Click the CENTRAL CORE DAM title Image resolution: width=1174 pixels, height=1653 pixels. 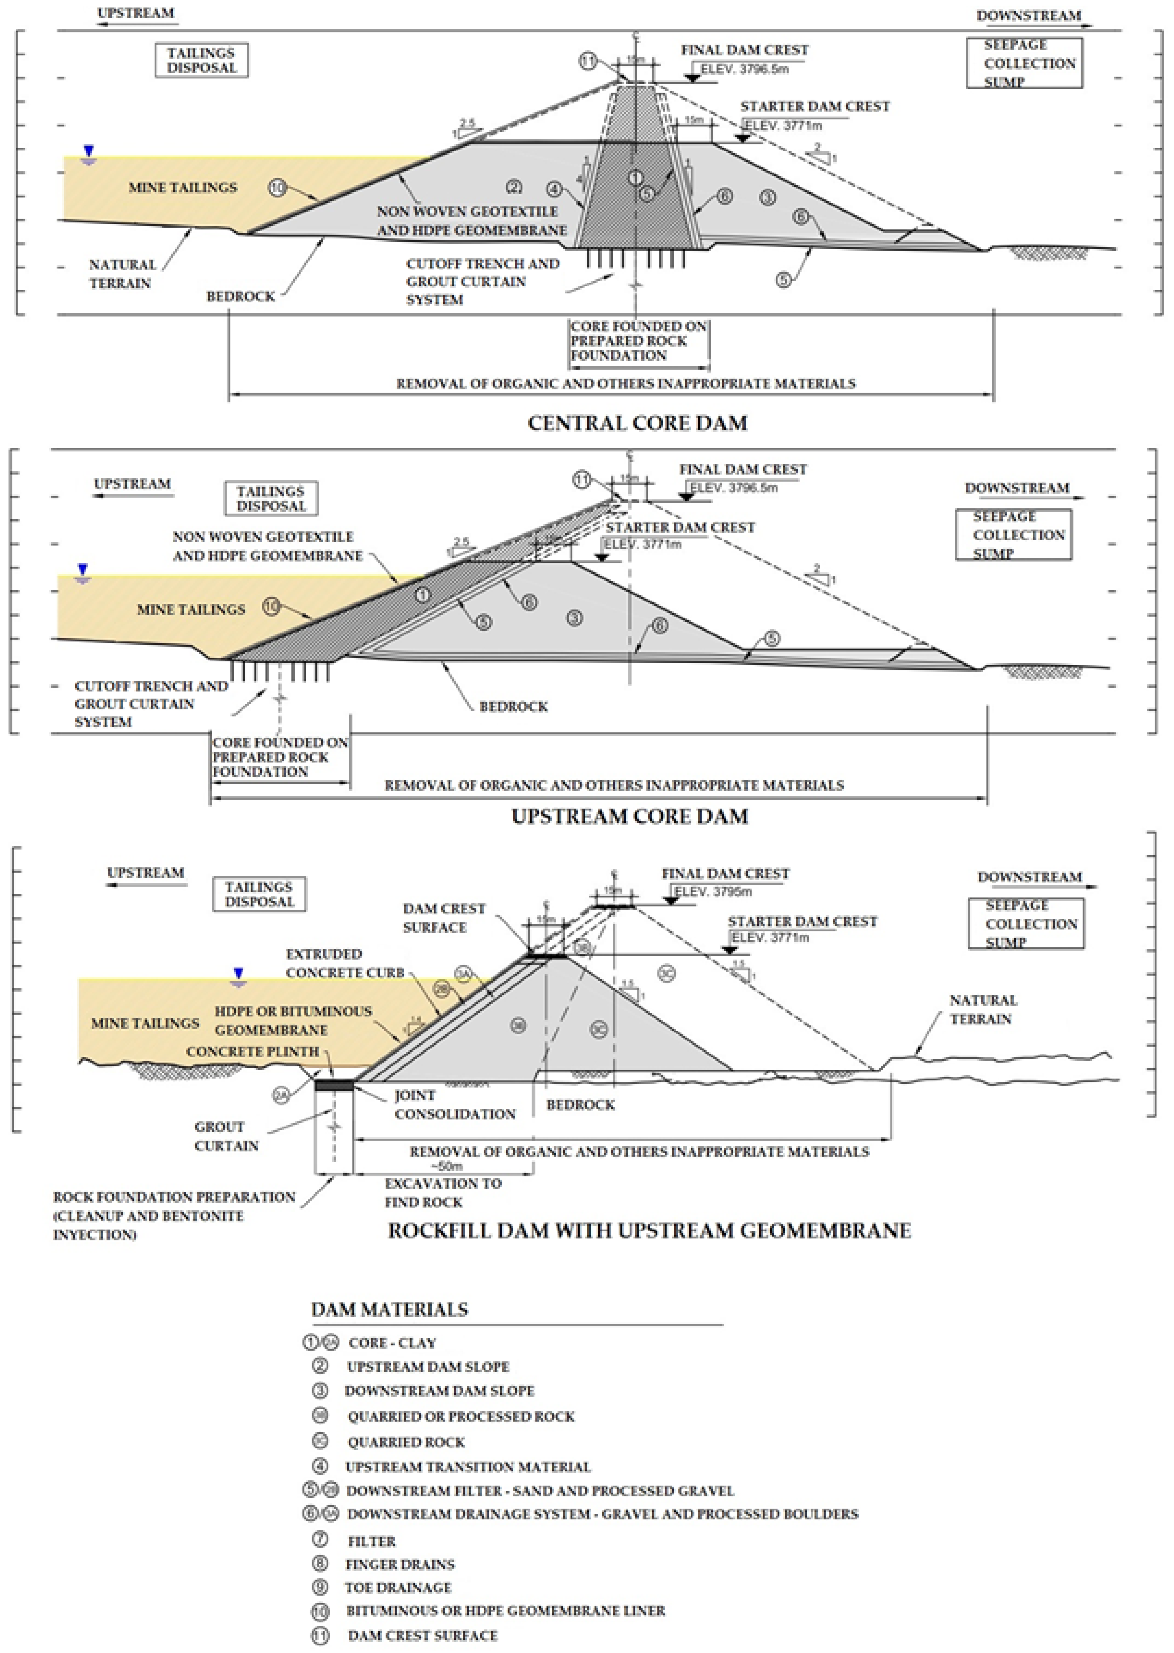click(637, 423)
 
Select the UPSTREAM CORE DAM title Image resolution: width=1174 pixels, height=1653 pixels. click(630, 817)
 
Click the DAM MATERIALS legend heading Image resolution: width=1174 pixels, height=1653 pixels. click(389, 1310)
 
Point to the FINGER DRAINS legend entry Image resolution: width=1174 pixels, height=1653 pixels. click(400, 1565)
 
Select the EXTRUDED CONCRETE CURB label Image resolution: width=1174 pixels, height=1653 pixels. click(344, 963)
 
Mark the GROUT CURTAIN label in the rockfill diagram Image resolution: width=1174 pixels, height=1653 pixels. click(226, 1136)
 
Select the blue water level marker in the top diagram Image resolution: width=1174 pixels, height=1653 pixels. click(88, 152)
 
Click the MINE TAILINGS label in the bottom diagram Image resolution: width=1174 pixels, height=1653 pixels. click(145, 1023)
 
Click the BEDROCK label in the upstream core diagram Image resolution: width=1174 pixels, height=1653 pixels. click(513, 706)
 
